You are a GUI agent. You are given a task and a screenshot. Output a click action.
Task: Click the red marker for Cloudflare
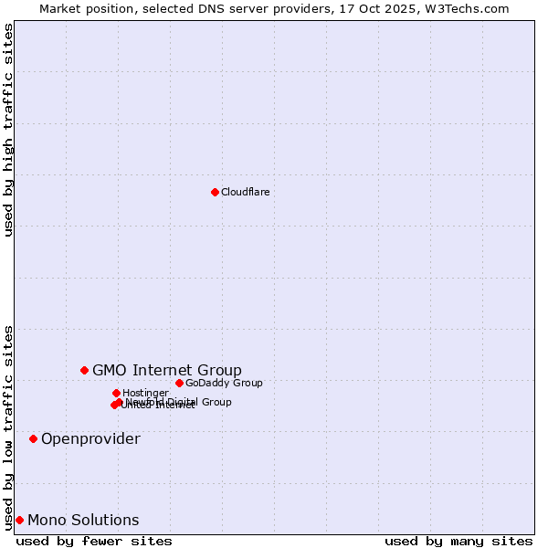(x=215, y=192)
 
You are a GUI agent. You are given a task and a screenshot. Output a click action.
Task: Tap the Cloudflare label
(x=245, y=192)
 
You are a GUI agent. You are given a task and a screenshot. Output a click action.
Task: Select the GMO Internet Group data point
(x=84, y=370)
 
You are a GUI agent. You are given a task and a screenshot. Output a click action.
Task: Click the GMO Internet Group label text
(x=167, y=370)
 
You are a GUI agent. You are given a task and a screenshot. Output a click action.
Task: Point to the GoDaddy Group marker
(x=179, y=383)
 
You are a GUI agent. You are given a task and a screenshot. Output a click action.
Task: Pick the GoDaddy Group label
(x=224, y=383)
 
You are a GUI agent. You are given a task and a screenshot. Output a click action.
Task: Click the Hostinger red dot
(x=116, y=393)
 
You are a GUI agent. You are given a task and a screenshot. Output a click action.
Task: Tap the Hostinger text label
(x=145, y=393)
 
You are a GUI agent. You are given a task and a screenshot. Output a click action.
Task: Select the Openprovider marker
(x=33, y=438)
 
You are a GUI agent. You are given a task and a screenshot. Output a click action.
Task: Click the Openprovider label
(x=90, y=439)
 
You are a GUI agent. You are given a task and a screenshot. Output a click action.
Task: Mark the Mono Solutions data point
(x=19, y=520)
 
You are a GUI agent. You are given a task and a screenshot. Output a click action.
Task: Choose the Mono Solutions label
(x=83, y=521)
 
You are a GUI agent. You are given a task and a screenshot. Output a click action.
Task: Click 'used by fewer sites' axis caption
(x=94, y=541)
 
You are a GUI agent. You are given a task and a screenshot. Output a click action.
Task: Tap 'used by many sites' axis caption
(x=458, y=541)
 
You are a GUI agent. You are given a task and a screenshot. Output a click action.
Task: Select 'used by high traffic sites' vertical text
(x=8, y=130)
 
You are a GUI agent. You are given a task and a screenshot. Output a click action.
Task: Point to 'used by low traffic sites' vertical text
(x=8, y=427)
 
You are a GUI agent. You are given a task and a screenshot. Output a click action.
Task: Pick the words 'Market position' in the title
(x=80, y=8)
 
